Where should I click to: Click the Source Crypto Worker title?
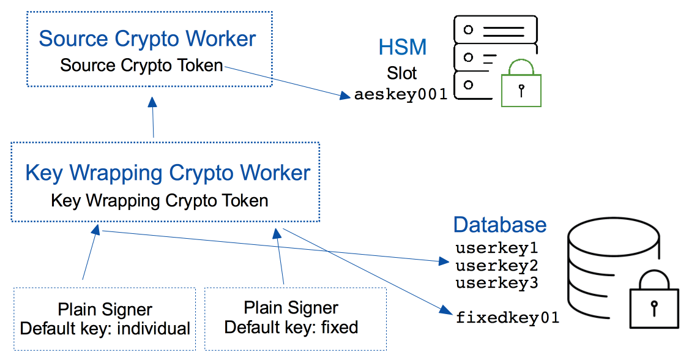(147, 39)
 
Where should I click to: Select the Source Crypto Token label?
(141, 65)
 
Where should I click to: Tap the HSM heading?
(402, 48)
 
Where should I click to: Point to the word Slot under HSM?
(402, 73)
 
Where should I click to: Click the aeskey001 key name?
(401, 95)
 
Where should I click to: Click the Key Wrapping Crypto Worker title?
(168, 173)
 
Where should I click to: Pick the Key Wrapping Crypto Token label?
(160, 200)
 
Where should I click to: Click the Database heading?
(499, 225)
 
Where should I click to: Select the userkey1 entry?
(496, 249)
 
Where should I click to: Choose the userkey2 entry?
(496, 266)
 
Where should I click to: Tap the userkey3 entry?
(496, 283)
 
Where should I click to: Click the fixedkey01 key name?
(507, 318)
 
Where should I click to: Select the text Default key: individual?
(105, 329)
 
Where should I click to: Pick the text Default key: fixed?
(291, 327)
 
